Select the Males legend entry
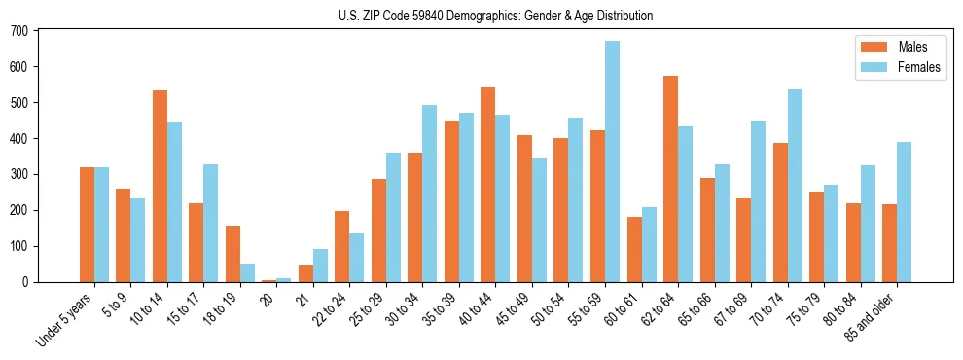pos(899,47)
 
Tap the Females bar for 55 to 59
pos(612,162)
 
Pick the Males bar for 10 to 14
pos(160,187)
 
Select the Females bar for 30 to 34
pos(429,194)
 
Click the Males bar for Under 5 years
pos(87,225)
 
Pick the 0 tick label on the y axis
pos(26,282)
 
